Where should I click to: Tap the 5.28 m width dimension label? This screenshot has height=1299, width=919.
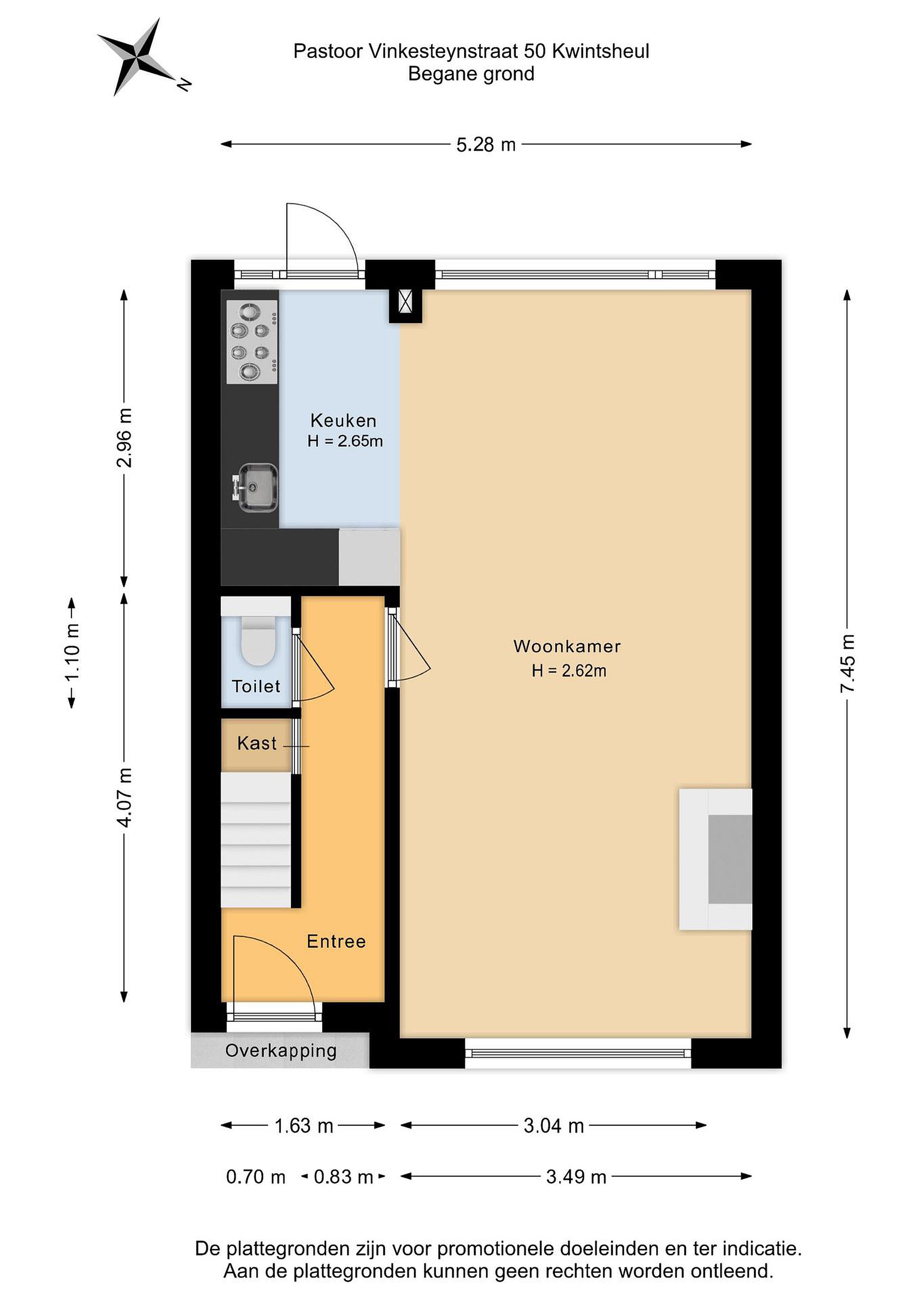(486, 145)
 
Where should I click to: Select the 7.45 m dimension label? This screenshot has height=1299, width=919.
(847, 663)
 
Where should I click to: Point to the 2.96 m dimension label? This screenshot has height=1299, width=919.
(124, 438)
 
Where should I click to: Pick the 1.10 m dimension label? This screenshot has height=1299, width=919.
(72, 654)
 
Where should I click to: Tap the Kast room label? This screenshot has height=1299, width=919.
(257, 743)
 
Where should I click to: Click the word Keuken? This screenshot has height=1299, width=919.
(343, 420)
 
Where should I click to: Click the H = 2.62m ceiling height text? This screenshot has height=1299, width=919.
(569, 671)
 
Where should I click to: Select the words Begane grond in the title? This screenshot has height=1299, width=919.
(471, 74)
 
